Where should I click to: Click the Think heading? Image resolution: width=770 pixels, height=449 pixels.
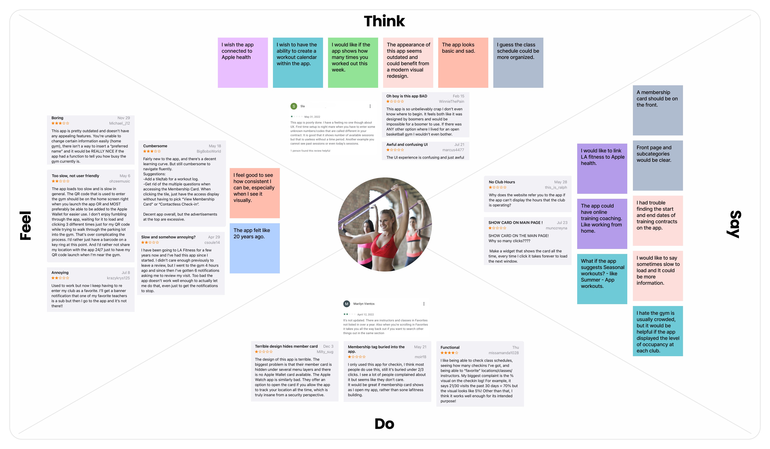[x=384, y=21]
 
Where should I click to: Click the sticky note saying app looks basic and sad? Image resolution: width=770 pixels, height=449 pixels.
[x=463, y=63]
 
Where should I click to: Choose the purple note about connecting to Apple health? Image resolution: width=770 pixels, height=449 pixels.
[x=243, y=63]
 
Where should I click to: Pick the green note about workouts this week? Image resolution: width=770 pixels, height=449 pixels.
[x=353, y=63]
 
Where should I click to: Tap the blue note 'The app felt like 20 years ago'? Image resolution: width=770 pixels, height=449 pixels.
[x=255, y=248]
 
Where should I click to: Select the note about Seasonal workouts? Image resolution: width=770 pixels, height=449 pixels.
[x=602, y=278]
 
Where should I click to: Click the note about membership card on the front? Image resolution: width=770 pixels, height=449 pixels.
[x=658, y=110]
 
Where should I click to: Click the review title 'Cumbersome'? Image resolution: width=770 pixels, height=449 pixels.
[x=155, y=146]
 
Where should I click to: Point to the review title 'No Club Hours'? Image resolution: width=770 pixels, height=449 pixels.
[x=502, y=182]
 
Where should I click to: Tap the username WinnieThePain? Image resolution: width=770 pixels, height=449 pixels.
[x=451, y=102]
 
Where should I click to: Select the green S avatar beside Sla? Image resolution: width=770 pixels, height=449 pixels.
[x=294, y=106]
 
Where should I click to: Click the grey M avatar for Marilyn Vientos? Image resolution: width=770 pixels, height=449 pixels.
[x=346, y=304]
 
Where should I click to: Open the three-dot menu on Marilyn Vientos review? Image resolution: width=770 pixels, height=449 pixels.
[x=424, y=304]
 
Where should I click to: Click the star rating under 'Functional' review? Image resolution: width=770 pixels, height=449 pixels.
[x=449, y=353]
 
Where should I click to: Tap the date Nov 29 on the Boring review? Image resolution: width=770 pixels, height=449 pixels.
[x=124, y=118]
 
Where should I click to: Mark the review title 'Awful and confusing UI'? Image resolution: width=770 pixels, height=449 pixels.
[x=407, y=144]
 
